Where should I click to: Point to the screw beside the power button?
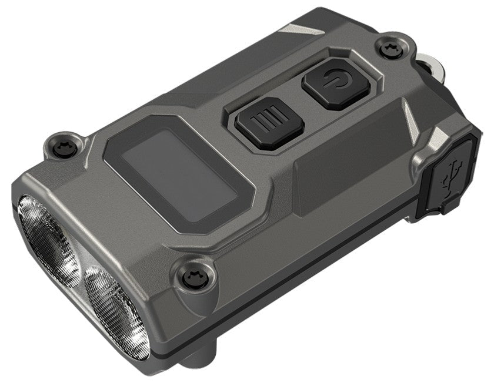(x=389, y=50)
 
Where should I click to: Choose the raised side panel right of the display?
(x=341, y=176)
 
